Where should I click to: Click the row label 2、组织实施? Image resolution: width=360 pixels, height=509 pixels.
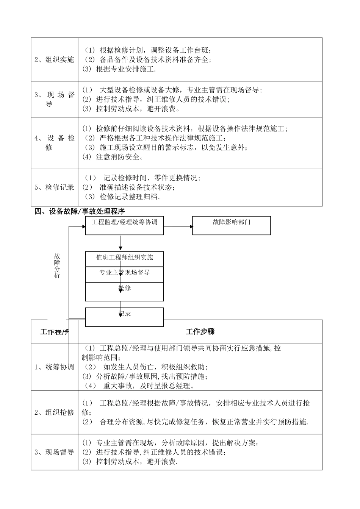(54, 59)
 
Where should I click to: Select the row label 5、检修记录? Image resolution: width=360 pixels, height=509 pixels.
(54, 187)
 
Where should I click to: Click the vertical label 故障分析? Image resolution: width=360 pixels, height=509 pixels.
(57, 266)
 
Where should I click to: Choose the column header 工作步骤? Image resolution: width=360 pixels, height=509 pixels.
(200, 332)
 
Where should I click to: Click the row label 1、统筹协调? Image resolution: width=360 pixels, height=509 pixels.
(54, 367)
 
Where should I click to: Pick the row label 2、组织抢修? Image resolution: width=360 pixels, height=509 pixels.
(54, 412)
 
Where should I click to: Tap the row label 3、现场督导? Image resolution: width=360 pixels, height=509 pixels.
(54, 452)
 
